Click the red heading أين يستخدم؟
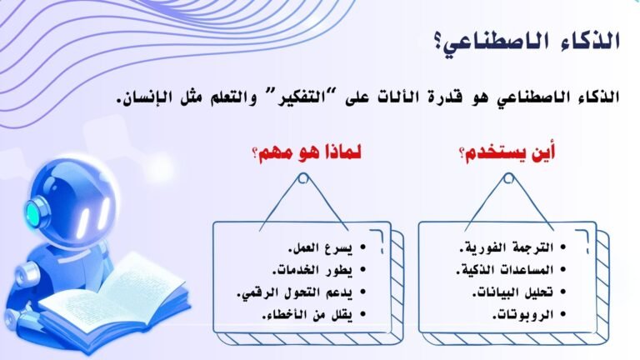coord(507,153)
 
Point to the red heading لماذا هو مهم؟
coord(307,153)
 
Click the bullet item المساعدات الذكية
coord(505,270)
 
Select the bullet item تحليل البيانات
coord(512,292)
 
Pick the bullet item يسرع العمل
coord(320,247)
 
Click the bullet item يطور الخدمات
coord(312,270)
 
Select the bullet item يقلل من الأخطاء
coord(307,315)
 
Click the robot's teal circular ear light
coord(34,212)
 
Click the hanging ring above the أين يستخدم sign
coord(508,178)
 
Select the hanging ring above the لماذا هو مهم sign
coord(302,178)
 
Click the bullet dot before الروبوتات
coord(563,315)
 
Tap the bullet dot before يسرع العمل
coord(362,247)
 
